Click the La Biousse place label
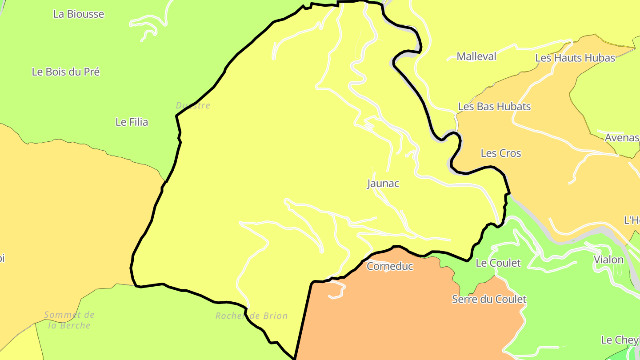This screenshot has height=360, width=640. click(79, 14)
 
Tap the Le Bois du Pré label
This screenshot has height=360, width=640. click(66, 72)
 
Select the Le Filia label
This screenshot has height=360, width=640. click(132, 122)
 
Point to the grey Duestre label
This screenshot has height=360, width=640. click(193, 106)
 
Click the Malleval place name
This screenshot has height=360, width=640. click(476, 57)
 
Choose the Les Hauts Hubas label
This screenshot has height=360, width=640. click(575, 58)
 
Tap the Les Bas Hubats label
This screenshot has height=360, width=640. click(494, 107)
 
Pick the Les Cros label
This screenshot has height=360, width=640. click(501, 153)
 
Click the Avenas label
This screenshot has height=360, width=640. click(622, 138)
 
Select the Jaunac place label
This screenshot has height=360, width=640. click(383, 184)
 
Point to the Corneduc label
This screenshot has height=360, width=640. click(390, 267)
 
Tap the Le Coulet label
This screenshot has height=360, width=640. click(498, 263)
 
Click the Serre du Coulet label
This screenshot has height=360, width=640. click(489, 300)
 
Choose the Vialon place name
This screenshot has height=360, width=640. click(608, 260)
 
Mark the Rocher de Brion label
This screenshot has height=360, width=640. click(252, 316)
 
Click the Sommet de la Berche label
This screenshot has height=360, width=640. click(69, 320)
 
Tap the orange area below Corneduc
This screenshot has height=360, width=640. click(400, 316)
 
